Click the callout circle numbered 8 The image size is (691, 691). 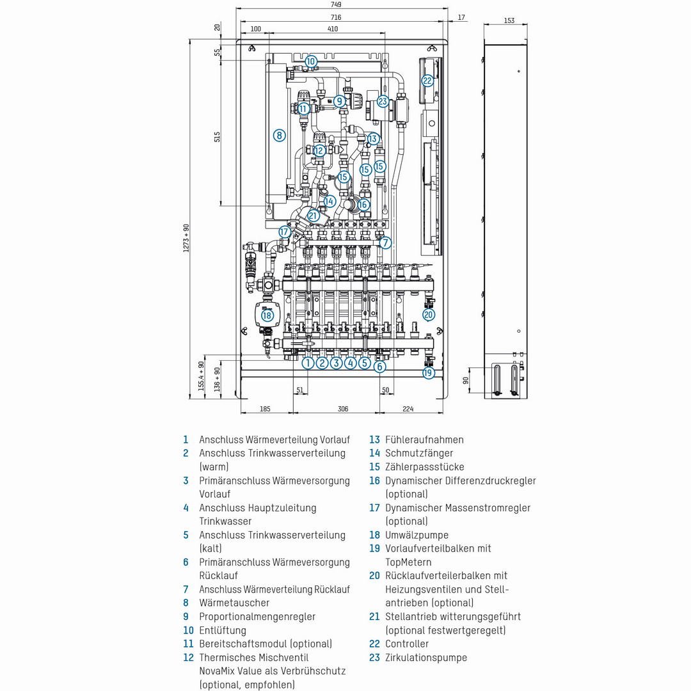pos(279,135)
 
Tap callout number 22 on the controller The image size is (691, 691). pos(427,81)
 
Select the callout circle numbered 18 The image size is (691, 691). pos(267,315)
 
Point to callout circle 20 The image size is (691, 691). pos(429,314)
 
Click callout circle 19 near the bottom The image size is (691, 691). pos(428,372)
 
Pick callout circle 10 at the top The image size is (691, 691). pos(311,61)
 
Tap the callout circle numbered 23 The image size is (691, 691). pos(383,101)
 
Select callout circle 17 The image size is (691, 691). pos(285,231)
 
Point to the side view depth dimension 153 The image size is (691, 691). pos(509,20)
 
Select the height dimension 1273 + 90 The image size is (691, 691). pos(186,238)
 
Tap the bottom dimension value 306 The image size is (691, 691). pos(343,408)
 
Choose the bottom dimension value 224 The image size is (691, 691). pos(409,408)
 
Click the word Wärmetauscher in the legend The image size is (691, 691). pos(234,603)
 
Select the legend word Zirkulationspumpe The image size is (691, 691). pos(426,658)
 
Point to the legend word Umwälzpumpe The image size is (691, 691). pos(417,535)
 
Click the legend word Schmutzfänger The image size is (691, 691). pos(418,453)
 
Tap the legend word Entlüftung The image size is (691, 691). pos(223,630)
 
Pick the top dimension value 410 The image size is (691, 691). pos(333,29)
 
